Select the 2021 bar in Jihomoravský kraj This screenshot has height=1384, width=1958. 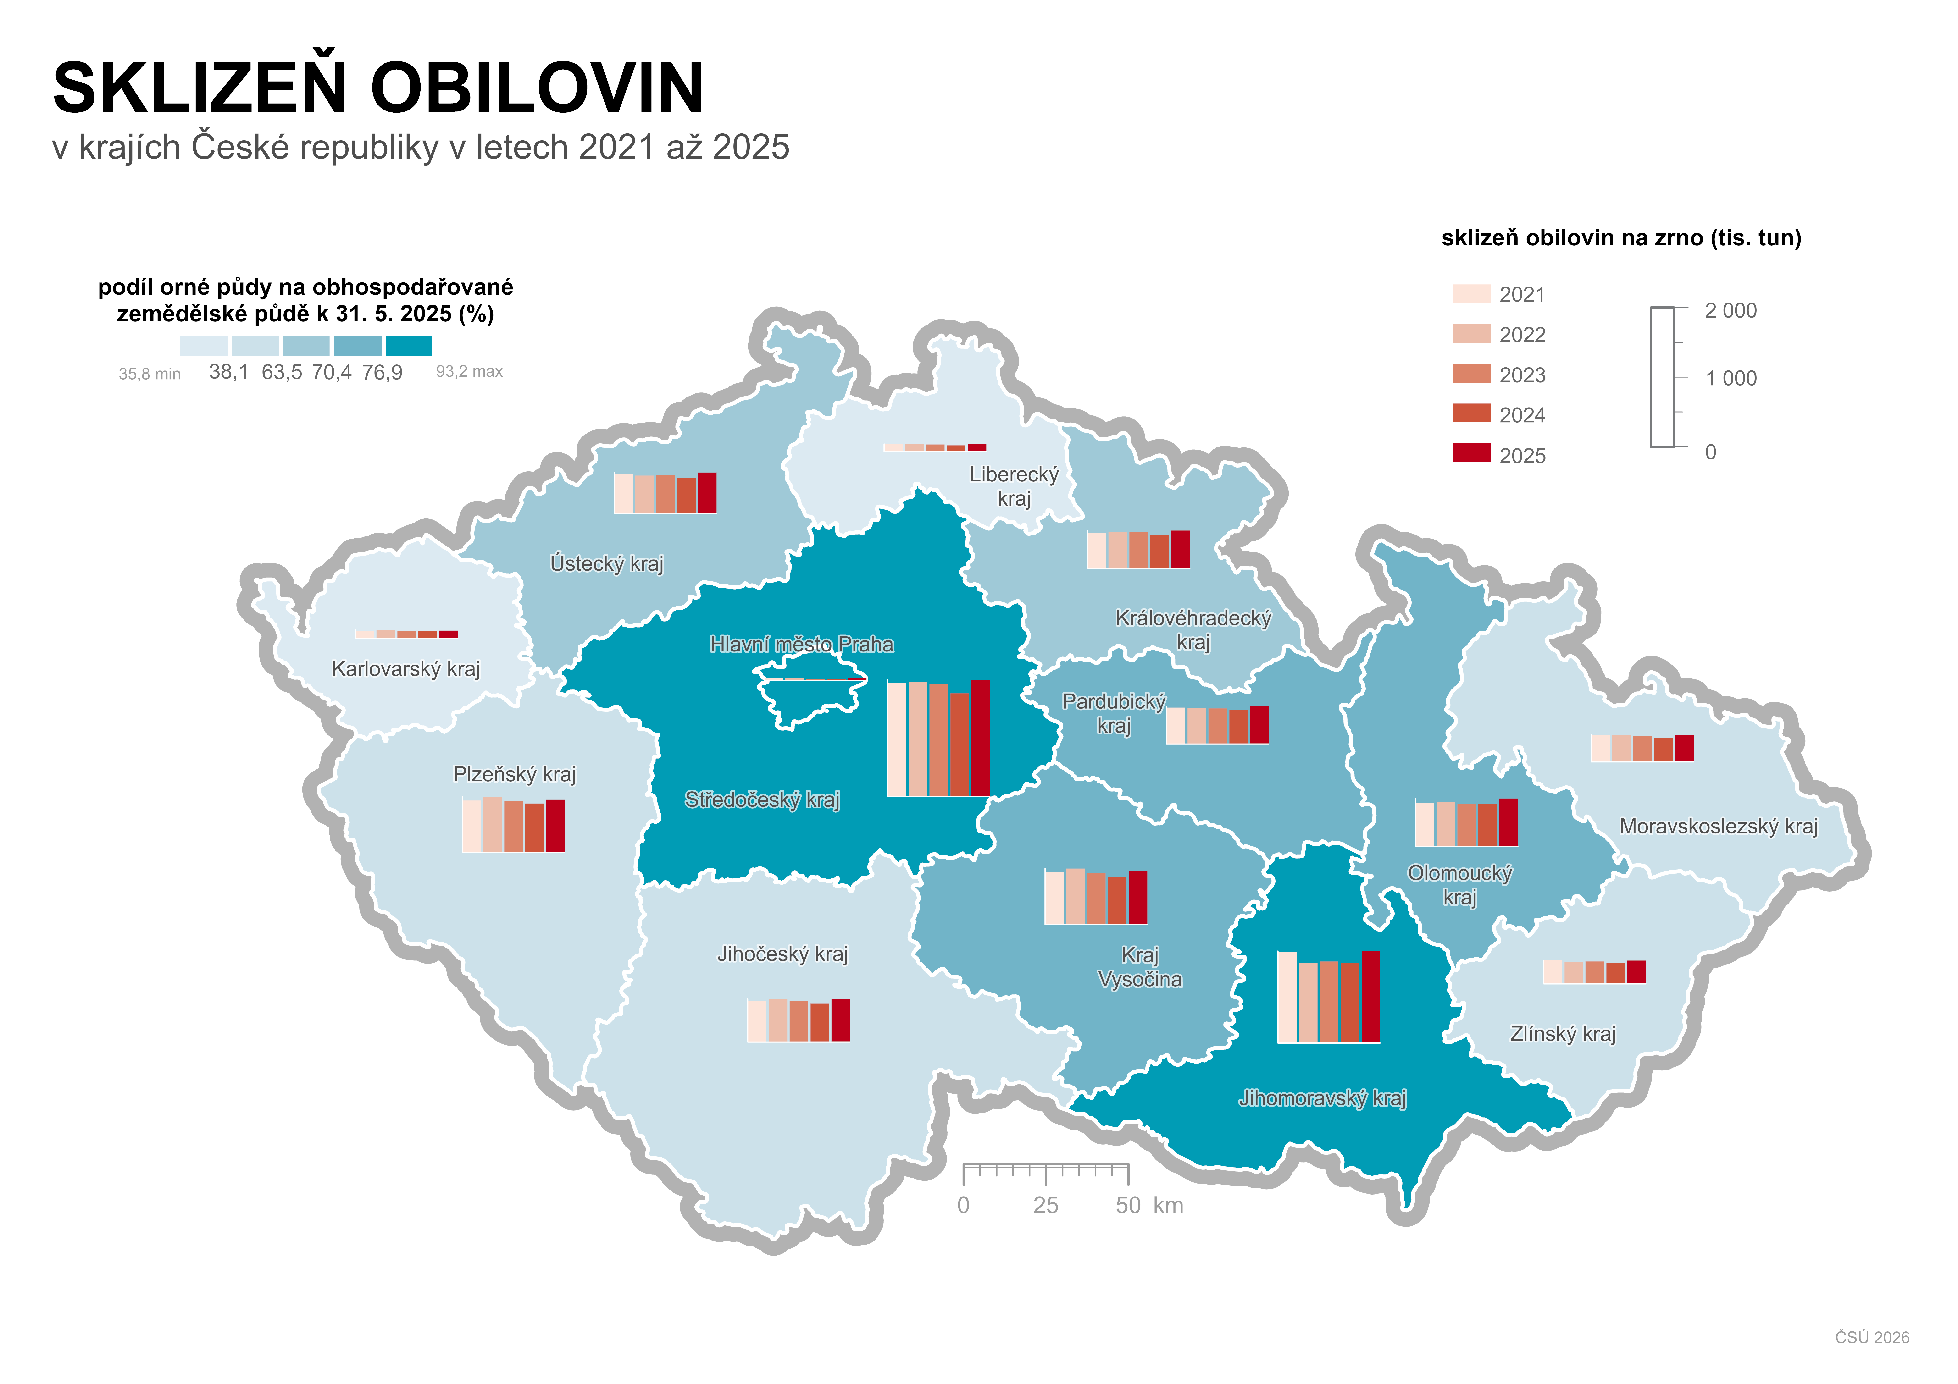pos(1287,997)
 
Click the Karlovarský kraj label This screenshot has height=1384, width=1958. pos(406,668)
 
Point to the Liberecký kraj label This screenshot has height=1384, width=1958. pos(1014,486)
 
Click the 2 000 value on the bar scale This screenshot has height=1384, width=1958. pos(1730,310)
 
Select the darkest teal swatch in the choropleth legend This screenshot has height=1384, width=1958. pos(409,345)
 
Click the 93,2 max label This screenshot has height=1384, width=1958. pos(469,372)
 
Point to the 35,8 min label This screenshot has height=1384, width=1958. pos(149,374)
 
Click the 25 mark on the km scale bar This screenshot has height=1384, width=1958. pos(1046,1205)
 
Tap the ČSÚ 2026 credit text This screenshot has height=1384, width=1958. pos(1872,1337)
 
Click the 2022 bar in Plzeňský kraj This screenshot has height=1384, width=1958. pos(493,825)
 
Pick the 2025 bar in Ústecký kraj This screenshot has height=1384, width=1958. pos(707,493)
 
